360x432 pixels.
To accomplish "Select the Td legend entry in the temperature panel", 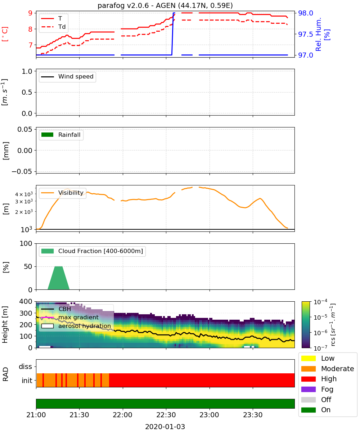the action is pyautogui.click(x=53, y=27).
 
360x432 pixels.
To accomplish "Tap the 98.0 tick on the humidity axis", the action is pyautogui.click(x=305, y=13).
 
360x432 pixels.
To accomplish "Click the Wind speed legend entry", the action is pyautogui.click(x=67, y=77).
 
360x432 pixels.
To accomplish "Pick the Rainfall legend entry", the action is pyautogui.click(x=61, y=135).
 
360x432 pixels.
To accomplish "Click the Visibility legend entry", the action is pyautogui.click(x=62, y=193).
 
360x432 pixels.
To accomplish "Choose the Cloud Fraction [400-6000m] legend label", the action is pyautogui.click(x=100, y=251).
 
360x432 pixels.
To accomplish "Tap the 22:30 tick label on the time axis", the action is pyautogui.click(x=166, y=415).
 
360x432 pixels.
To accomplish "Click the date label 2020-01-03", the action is pyautogui.click(x=165, y=427).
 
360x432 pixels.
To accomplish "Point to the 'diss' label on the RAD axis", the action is pyautogui.click(x=26, y=366).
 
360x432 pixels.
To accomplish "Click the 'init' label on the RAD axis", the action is pyautogui.click(x=27, y=381).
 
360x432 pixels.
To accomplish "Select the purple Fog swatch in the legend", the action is pyautogui.click(x=308, y=389).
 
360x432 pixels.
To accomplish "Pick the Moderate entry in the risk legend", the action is pyautogui.click(x=328, y=369).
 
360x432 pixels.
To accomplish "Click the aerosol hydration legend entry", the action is pyautogui.click(x=76, y=326).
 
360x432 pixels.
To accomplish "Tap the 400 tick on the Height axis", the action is pyautogui.click(x=26, y=301).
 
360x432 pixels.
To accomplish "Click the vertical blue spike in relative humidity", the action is pyautogui.click(x=172, y=34).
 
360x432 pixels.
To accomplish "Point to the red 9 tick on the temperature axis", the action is pyautogui.click(x=30, y=13).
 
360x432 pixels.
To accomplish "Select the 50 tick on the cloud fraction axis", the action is pyautogui.click(x=28, y=266).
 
